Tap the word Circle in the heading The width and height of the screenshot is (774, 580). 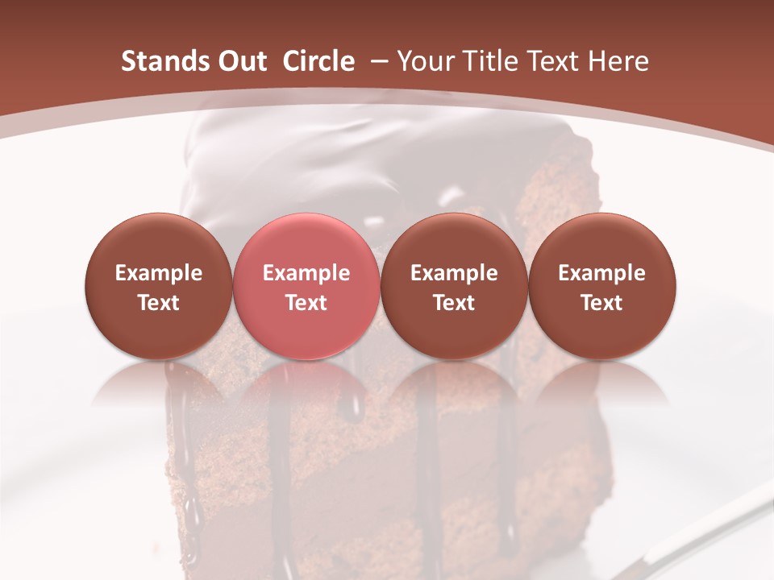pyautogui.click(x=318, y=61)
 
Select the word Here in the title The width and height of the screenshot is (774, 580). pyautogui.click(x=618, y=61)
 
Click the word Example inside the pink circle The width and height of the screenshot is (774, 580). pyautogui.click(x=306, y=273)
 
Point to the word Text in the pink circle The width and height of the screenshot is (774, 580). pyautogui.click(x=306, y=303)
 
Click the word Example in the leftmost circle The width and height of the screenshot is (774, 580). pyautogui.click(x=158, y=273)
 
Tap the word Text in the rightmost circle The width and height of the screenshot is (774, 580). pyautogui.click(x=602, y=303)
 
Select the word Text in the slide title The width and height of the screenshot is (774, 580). pyautogui.click(x=552, y=61)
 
